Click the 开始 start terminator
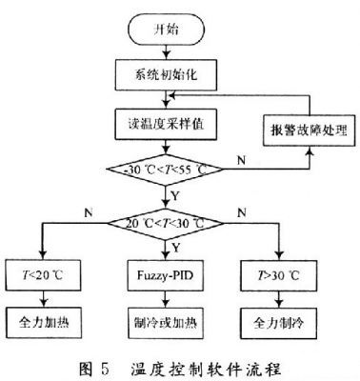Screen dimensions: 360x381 [x=166, y=30]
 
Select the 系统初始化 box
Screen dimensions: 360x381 [x=166, y=75]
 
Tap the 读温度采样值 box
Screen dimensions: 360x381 [x=166, y=124]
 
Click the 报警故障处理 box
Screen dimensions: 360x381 [x=309, y=130]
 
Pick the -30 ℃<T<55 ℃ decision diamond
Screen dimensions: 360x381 [x=165, y=170]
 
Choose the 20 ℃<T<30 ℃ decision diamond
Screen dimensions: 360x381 [x=165, y=224]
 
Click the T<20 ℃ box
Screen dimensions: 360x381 [x=43, y=275]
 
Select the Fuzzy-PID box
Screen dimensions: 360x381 [x=165, y=275]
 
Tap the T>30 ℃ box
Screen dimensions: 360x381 [x=278, y=275]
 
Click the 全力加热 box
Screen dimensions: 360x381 [x=44, y=323]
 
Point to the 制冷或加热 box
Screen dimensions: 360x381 [x=166, y=323]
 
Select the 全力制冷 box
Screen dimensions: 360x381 [x=278, y=323]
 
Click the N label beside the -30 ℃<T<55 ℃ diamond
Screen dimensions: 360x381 [x=242, y=160]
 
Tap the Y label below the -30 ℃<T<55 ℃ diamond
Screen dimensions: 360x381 [x=175, y=196]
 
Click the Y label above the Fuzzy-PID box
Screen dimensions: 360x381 [x=175, y=248]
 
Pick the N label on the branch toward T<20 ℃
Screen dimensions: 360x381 [x=88, y=212]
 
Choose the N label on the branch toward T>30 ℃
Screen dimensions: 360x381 [x=242, y=212]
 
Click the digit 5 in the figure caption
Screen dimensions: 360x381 [x=105, y=369]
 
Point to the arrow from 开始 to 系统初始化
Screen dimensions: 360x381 [x=166, y=51]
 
